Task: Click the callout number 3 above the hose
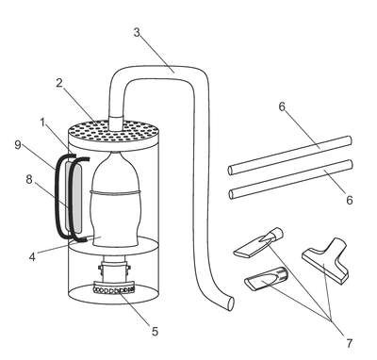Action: point(137,33)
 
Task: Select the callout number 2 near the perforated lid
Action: point(59,83)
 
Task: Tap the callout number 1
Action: point(42,123)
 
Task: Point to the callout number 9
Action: point(18,145)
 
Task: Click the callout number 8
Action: point(29,180)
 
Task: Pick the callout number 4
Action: point(32,257)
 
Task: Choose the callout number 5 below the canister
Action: point(155,332)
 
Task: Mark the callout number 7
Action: point(350,343)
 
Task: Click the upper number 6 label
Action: point(282,106)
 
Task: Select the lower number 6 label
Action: point(350,200)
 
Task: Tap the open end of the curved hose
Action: point(231,303)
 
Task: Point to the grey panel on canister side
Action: point(74,198)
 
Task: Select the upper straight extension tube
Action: point(289,155)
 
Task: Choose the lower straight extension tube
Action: point(290,179)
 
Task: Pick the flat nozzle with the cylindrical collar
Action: point(258,242)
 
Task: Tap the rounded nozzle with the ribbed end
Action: point(266,279)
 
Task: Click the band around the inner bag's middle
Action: point(115,192)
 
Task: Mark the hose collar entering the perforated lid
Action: point(116,123)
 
